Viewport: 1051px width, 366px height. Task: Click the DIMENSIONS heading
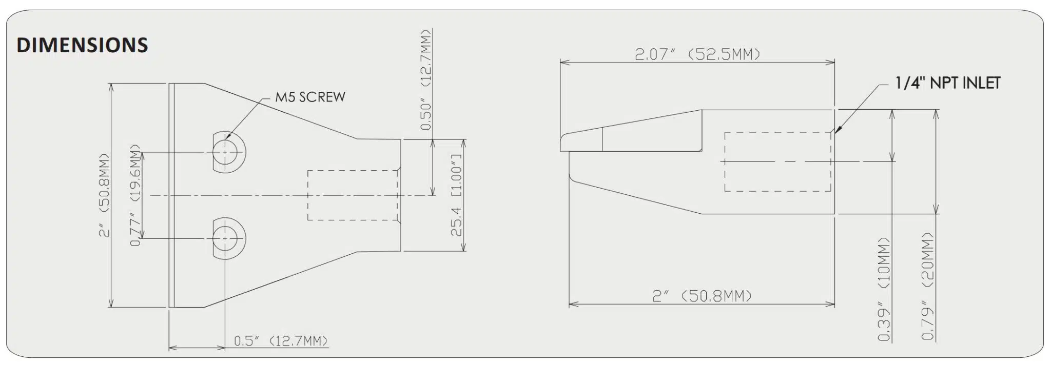coord(82,45)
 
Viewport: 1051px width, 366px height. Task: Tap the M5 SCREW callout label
coord(310,97)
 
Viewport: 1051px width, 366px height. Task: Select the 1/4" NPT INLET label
coord(948,84)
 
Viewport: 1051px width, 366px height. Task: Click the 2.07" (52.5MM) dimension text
coord(697,54)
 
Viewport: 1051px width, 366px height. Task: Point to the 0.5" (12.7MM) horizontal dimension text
coord(281,341)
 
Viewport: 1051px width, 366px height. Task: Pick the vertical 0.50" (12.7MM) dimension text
coord(425,79)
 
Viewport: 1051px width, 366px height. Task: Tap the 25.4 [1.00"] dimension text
coord(456,195)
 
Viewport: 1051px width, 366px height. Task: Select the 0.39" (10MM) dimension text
coord(884,289)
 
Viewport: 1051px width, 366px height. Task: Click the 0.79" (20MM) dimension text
coord(927,287)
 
